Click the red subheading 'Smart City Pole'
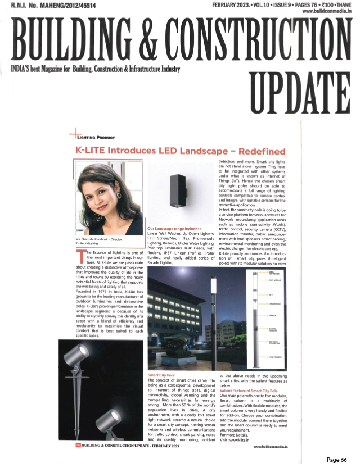click(161, 375)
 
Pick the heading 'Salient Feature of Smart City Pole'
click(249, 390)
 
